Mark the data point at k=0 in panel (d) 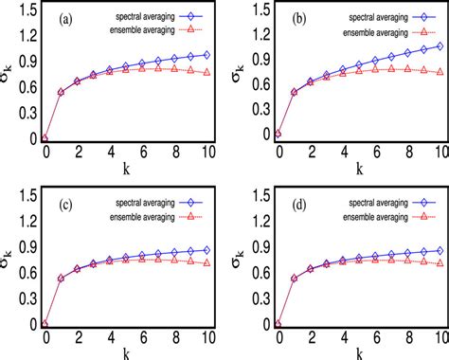(277, 324)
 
